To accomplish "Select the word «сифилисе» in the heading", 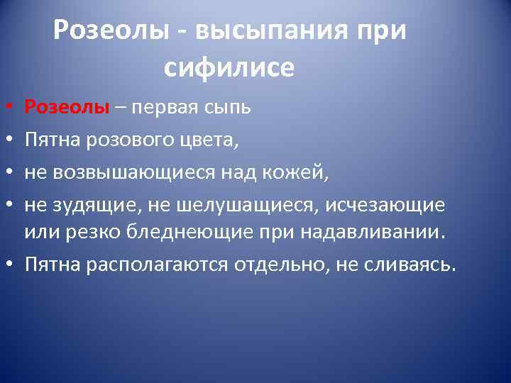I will pyautogui.click(x=229, y=67).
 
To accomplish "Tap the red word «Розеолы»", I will pyautogui.click(x=67, y=107).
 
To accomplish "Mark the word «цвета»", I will pyautogui.click(x=207, y=140).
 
